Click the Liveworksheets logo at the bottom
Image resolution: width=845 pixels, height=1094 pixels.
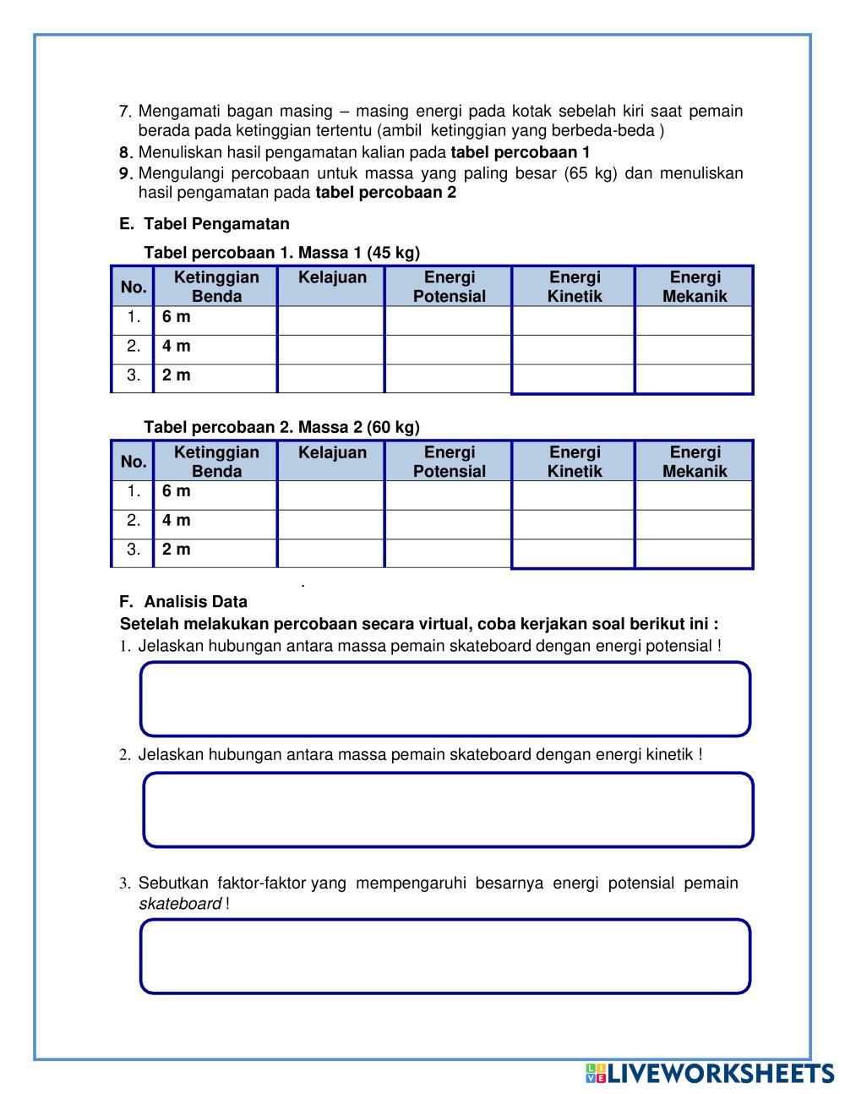point(710,1074)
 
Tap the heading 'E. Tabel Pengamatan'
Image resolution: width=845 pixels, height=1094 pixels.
point(204,224)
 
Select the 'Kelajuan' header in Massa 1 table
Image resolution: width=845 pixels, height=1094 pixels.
point(332,278)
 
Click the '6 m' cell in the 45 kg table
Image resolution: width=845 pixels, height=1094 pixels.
point(177,318)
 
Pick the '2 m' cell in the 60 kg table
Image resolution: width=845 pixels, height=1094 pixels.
point(177,550)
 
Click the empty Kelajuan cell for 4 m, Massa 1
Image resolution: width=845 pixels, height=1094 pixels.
point(331,347)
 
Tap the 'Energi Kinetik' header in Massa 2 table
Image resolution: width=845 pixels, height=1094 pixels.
point(575,462)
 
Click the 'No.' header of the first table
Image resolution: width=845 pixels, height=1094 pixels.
point(134,287)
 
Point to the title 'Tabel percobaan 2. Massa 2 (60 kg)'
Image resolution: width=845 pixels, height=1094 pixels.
point(281,427)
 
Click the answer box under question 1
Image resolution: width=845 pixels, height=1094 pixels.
point(445,699)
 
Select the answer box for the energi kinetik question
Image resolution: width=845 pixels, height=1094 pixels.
point(448,810)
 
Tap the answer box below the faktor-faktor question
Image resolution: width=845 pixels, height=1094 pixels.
point(445,956)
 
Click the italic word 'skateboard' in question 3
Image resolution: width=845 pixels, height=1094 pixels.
point(180,904)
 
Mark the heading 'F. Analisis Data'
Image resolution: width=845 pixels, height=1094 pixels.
point(183,602)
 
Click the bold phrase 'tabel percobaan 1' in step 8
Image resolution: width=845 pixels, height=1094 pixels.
point(521,152)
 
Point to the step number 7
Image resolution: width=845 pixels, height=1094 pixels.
point(125,112)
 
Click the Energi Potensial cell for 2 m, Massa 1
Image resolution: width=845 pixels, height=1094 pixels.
point(449,376)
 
